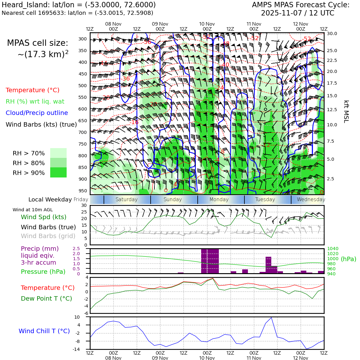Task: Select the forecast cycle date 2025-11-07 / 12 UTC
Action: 297,13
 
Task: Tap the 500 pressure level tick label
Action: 82,86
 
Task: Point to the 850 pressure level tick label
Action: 82,167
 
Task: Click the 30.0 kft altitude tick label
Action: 332,33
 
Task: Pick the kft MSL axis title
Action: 346,111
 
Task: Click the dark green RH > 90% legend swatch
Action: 58,173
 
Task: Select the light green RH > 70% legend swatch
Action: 58,153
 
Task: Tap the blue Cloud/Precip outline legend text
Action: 37,113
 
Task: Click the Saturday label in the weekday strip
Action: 127,200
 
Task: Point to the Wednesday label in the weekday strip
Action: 311,200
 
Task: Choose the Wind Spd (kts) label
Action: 44,217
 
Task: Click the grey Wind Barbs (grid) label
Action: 48,236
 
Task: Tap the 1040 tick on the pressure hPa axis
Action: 333,249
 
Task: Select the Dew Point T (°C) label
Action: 46,299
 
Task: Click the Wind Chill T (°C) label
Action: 44,331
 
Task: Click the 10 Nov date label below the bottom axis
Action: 207,358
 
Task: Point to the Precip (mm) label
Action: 40,249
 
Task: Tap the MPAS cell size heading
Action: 38,43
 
